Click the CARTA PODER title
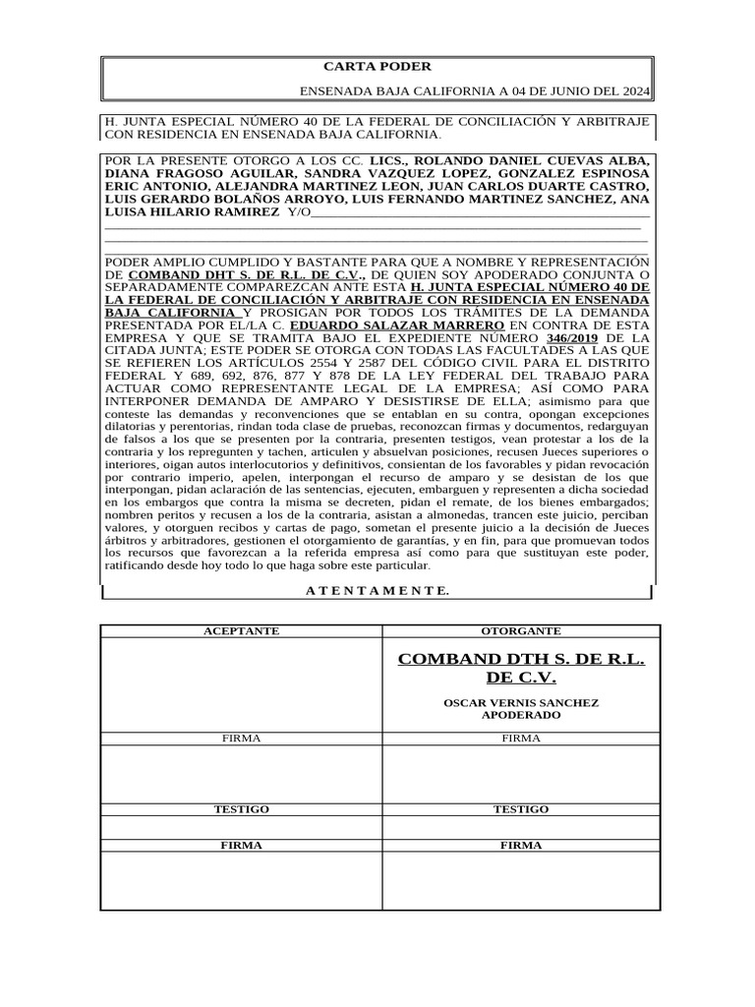377,67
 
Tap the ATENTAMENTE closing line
377,591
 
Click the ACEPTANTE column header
241,630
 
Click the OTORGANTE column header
521,630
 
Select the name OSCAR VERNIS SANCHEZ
521,703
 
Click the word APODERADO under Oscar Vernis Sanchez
521,715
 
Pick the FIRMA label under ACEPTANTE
241,738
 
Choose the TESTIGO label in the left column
241,808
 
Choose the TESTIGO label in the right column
521,808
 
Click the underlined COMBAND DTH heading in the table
521,668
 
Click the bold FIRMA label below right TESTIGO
521,845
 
